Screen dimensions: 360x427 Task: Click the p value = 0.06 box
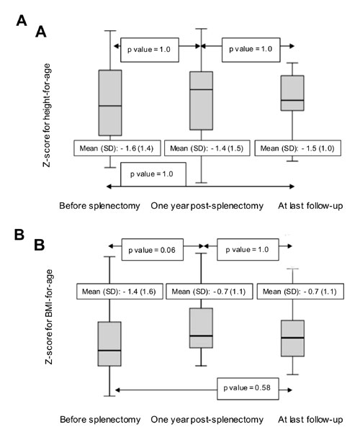point(152,249)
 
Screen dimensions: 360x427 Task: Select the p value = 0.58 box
point(248,389)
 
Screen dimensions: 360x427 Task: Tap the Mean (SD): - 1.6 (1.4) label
point(117,148)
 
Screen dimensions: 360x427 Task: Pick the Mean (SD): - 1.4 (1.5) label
point(207,148)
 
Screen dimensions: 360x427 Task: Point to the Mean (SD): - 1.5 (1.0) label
point(297,148)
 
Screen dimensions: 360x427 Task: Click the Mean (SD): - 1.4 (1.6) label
point(120,292)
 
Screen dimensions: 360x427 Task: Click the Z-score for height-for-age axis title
point(47,115)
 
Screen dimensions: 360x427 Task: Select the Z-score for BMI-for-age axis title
point(49,317)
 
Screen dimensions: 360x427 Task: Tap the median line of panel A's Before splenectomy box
point(110,106)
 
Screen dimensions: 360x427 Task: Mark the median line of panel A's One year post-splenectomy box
point(202,89)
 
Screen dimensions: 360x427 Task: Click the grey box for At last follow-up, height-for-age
point(292,93)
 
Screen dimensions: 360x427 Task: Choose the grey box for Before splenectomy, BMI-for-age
point(109,344)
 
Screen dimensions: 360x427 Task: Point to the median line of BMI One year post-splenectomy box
point(202,336)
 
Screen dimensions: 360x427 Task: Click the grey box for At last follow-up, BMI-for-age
point(293,338)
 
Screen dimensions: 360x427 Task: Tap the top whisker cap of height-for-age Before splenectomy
point(110,31)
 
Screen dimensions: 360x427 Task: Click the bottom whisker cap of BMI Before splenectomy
point(109,396)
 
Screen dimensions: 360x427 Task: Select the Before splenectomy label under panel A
point(99,206)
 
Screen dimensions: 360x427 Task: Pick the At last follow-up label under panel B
point(310,419)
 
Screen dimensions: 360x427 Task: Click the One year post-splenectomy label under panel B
point(207,420)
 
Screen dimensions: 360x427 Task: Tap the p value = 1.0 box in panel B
point(248,249)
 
